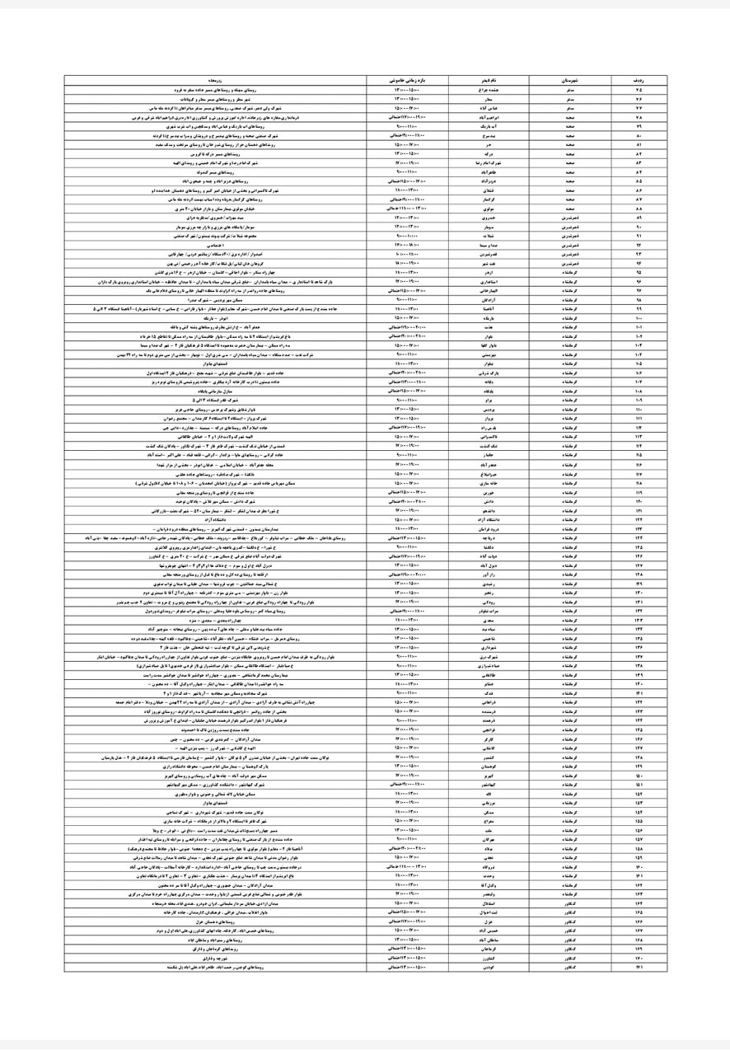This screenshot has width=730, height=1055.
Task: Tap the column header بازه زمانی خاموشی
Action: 408,81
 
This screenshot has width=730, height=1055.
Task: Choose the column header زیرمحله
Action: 216,81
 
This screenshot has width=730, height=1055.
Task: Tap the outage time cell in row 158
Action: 408,848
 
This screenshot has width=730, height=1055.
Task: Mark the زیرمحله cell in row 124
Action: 216,537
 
